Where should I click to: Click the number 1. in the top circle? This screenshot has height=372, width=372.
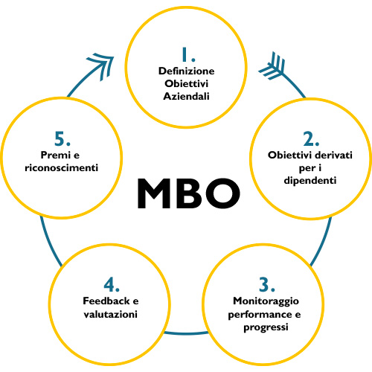[187, 54]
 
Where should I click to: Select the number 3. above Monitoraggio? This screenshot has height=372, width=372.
[267, 284]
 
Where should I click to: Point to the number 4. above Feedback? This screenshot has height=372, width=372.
[111, 284]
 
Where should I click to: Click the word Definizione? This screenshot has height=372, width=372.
[187, 71]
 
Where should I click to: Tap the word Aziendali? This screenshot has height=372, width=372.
[187, 97]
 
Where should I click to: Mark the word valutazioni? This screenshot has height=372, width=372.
[111, 314]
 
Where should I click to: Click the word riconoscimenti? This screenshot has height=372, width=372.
[61, 167]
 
